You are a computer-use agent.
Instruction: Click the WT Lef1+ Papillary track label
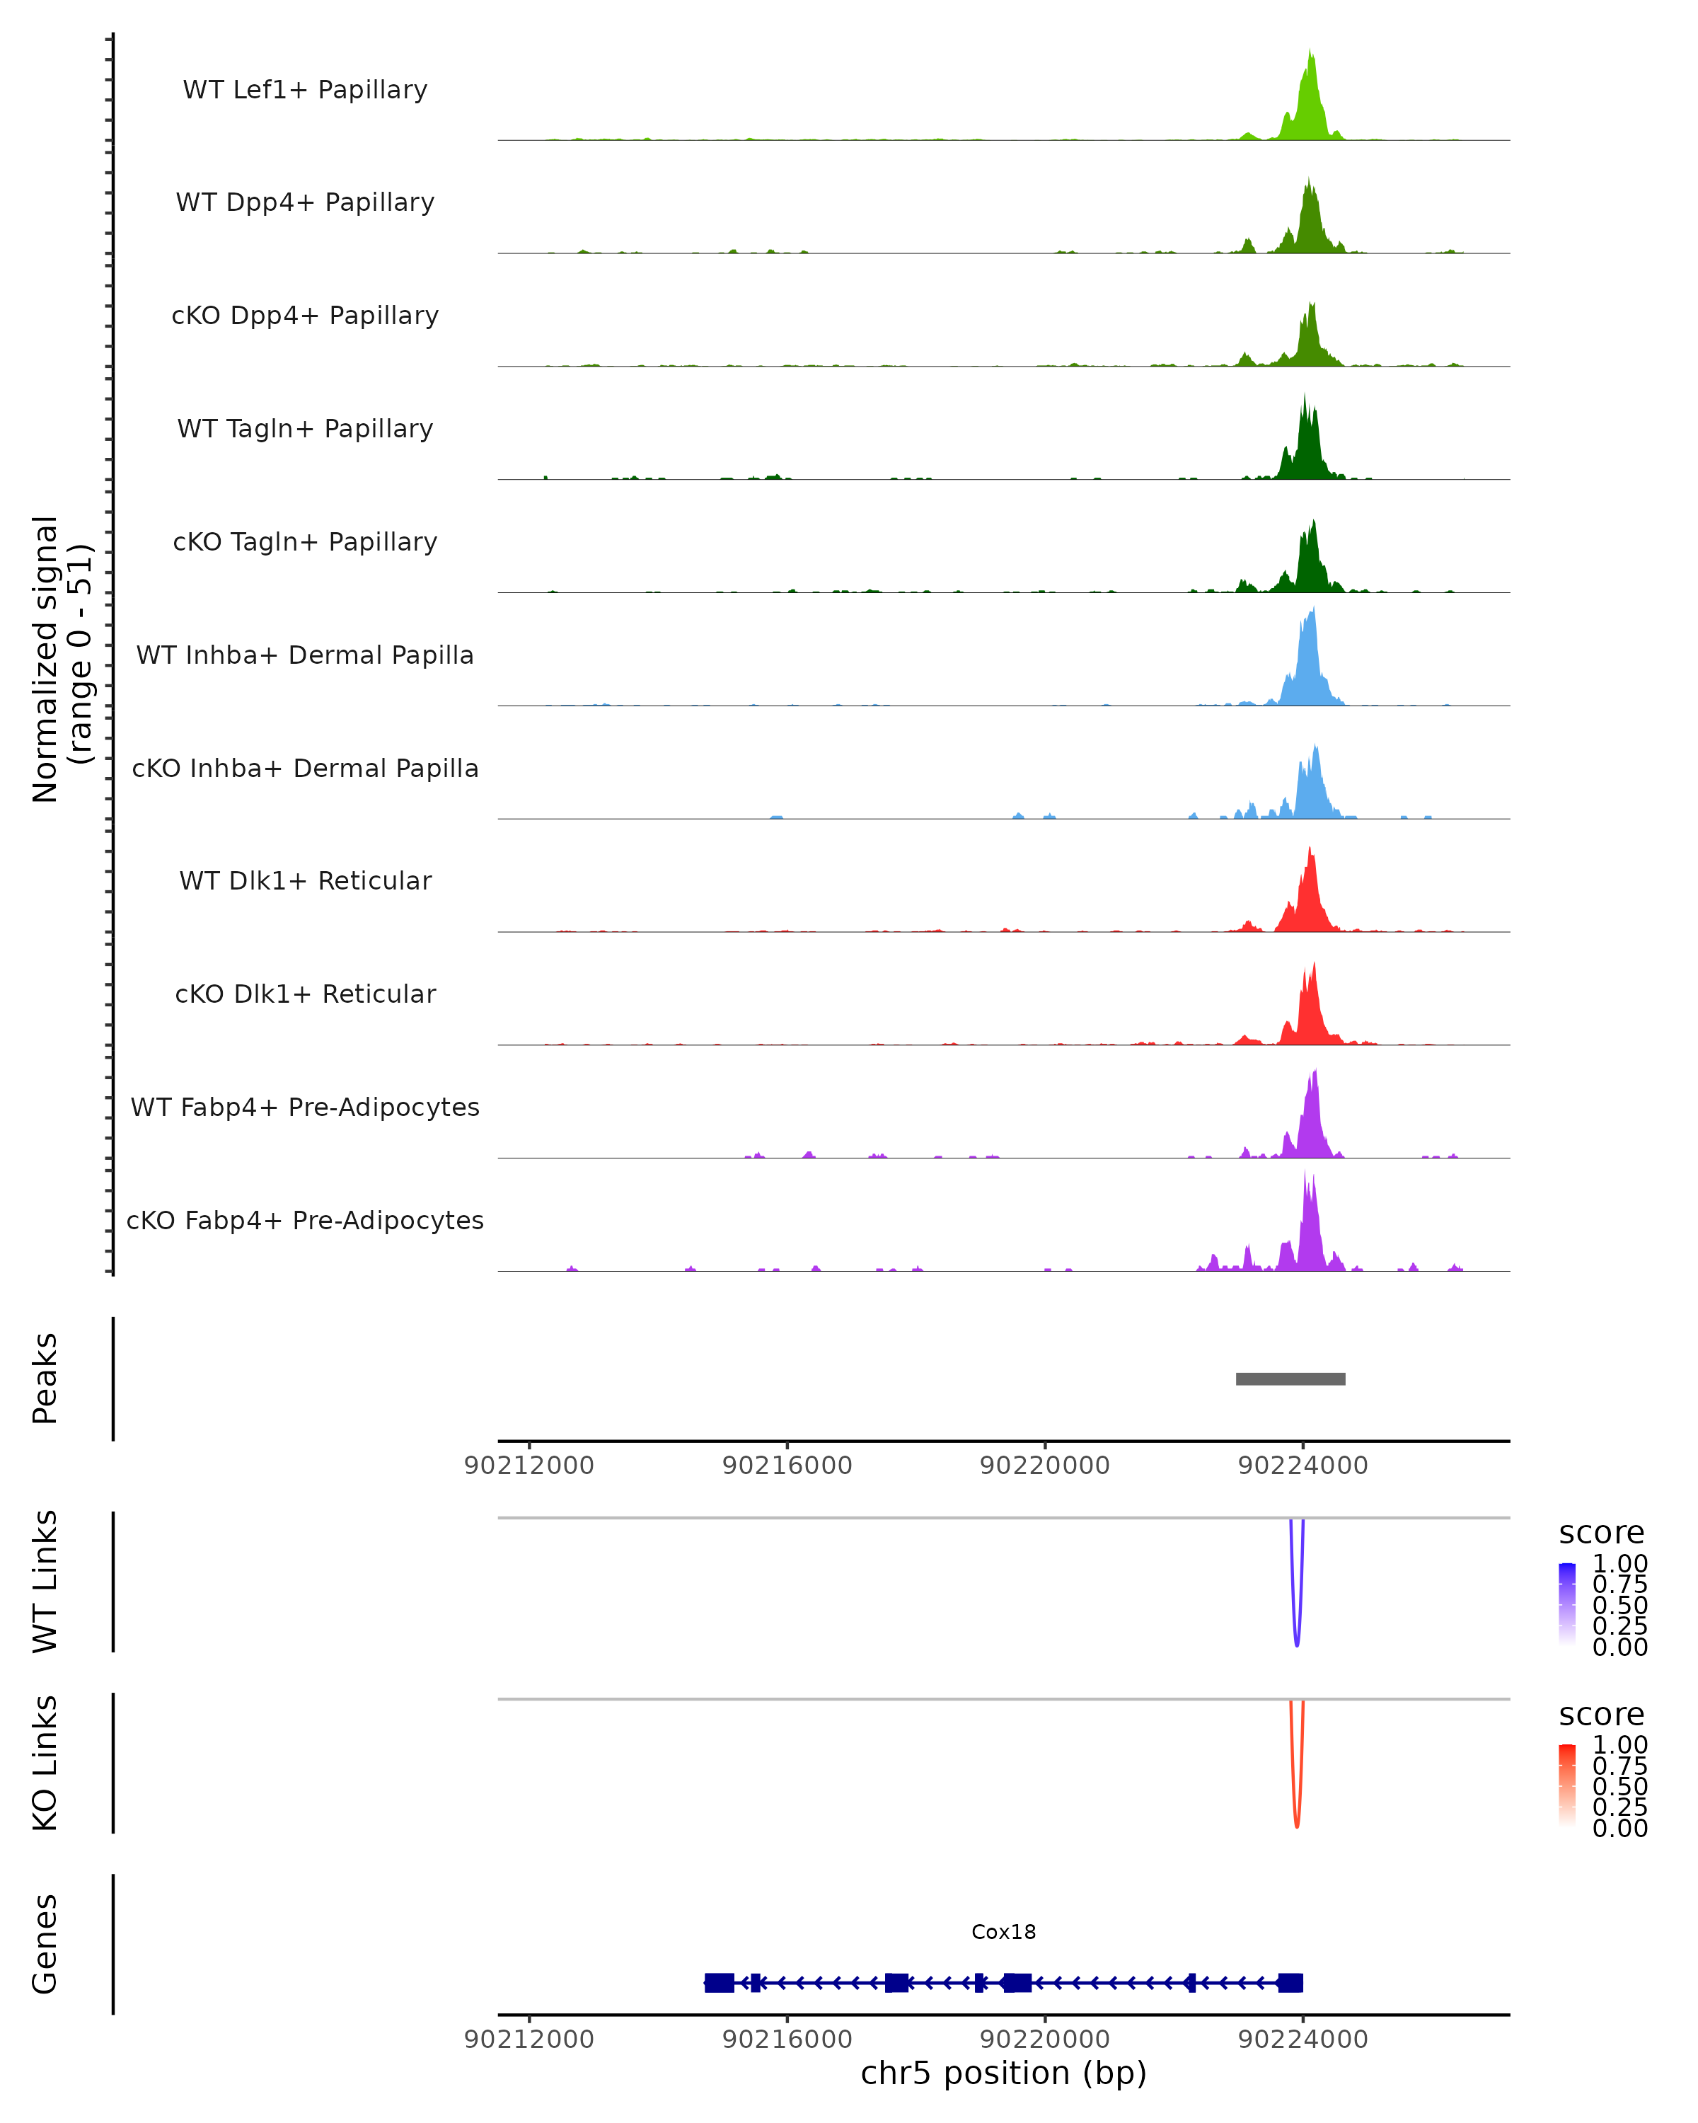pos(305,90)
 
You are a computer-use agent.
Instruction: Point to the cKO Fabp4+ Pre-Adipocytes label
pos(305,1220)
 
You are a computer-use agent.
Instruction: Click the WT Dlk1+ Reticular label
pos(305,881)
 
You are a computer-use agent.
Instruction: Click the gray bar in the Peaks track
pos(1290,1379)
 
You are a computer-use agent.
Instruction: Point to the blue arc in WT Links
pos(1296,1615)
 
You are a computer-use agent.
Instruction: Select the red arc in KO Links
pos(1296,1796)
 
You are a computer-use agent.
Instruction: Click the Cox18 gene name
pos(1003,1932)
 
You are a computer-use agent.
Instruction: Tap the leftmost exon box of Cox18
pos(720,1982)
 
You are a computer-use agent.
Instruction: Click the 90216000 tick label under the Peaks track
pos(787,1466)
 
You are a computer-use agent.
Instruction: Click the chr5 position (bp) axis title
pos(1003,2073)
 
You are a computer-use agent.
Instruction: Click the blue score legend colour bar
pos(1567,1604)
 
